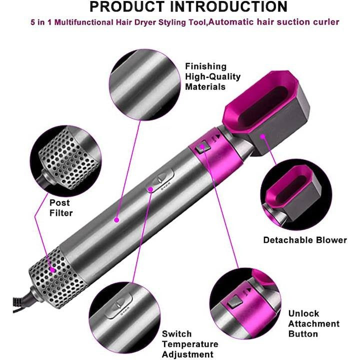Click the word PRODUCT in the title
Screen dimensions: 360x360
pos(127,7)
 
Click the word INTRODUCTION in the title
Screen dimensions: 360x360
pos(228,7)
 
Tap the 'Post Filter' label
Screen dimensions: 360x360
pos(61,208)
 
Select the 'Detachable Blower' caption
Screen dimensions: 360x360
pos(305,240)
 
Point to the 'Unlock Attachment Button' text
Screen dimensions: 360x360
pos(314,323)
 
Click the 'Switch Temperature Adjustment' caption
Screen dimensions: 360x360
pos(190,344)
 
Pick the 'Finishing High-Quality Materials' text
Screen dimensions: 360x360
pos(213,76)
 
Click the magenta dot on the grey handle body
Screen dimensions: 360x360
pos(116,220)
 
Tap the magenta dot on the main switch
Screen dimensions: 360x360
pos(150,189)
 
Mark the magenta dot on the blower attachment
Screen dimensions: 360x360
pos(263,137)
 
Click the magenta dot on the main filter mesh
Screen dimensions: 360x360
pos(53,270)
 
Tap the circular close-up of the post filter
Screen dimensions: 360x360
pos(65,160)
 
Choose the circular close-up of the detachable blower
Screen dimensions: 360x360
pos(296,194)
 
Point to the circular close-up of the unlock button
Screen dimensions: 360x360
pos(245,303)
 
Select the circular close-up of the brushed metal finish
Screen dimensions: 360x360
pos(145,84)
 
